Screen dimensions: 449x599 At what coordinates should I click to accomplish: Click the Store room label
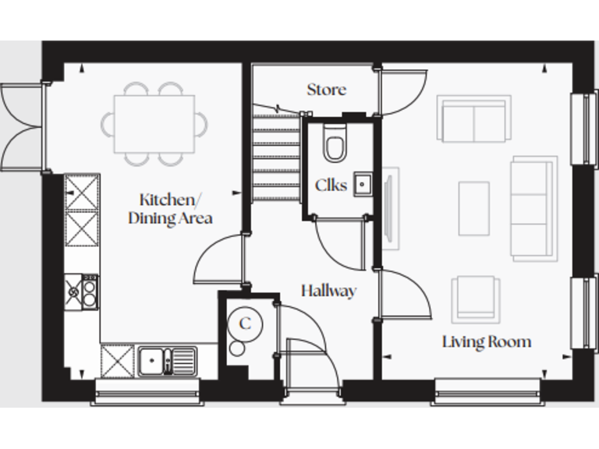click(326, 90)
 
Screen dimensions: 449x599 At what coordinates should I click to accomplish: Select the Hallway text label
click(328, 291)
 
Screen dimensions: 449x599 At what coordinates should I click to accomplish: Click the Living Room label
click(487, 341)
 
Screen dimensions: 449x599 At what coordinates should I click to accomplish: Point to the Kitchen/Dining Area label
click(169, 208)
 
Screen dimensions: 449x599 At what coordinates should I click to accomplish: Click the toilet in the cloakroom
click(335, 145)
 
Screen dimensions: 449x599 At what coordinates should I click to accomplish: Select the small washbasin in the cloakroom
click(363, 185)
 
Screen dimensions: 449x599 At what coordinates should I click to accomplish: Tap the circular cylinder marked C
click(245, 323)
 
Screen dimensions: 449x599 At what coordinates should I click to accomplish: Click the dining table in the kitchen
click(154, 123)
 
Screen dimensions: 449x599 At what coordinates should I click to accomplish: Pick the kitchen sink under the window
click(167, 361)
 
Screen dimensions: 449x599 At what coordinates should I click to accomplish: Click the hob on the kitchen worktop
click(82, 292)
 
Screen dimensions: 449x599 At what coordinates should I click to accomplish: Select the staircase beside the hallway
click(276, 156)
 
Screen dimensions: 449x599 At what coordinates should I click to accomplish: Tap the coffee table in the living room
click(473, 208)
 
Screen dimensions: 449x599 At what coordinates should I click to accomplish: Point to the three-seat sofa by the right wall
click(533, 208)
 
